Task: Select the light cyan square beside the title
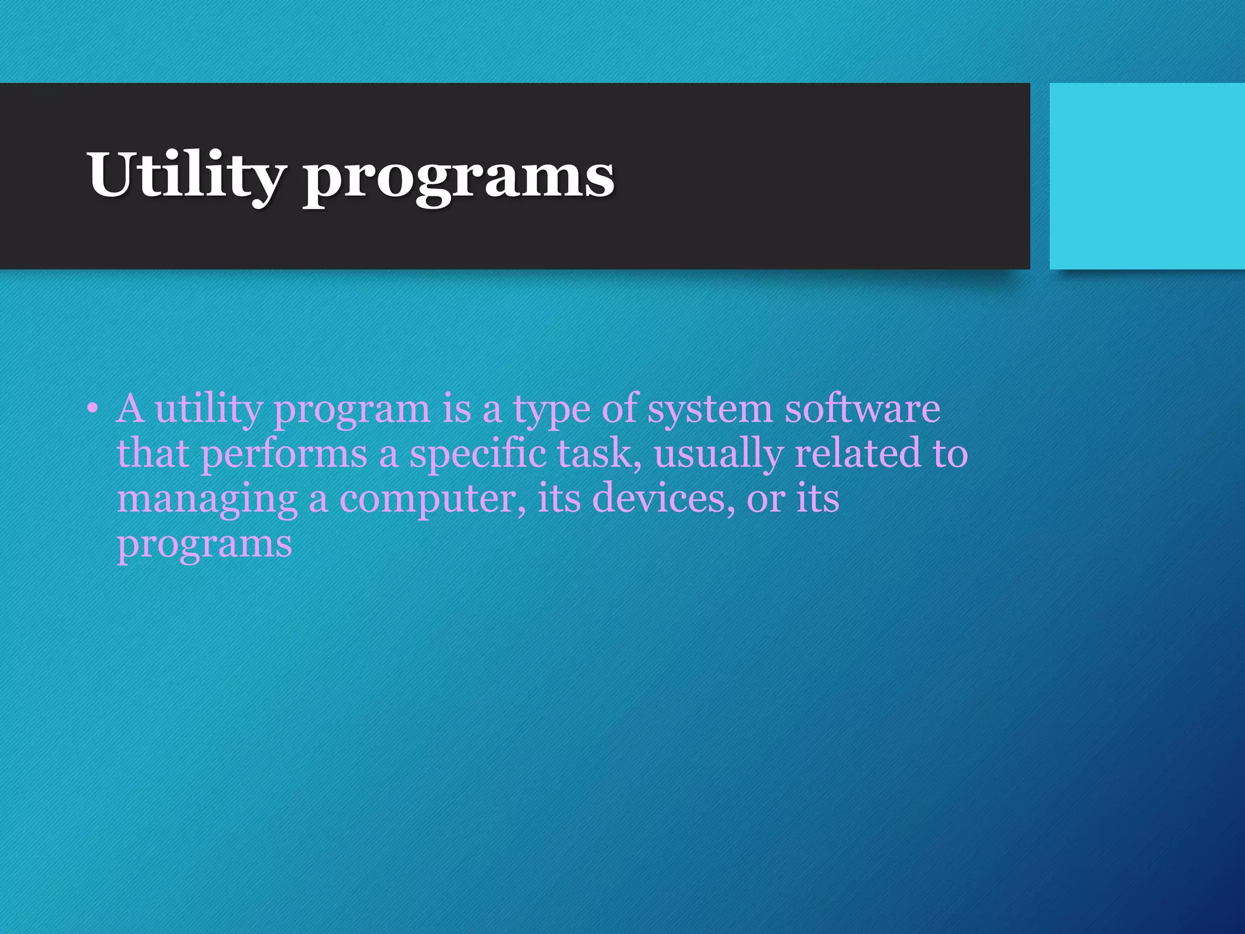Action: (1147, 176)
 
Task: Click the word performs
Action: (284, 455)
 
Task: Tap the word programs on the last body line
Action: (204, 544)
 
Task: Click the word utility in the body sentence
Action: (208, 409)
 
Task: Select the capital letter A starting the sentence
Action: (130, 408)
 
